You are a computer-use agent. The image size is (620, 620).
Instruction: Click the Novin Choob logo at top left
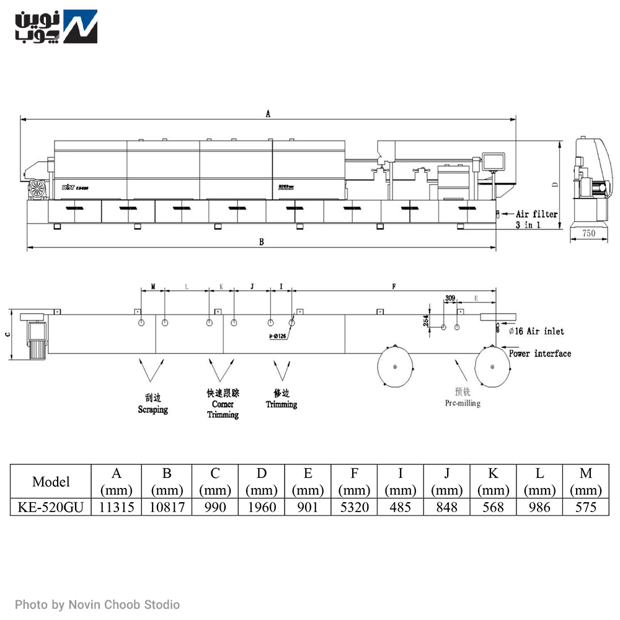click(56, 27)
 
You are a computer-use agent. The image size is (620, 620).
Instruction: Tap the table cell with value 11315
click(117, 507)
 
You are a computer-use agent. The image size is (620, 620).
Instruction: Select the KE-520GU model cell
click(51, 507)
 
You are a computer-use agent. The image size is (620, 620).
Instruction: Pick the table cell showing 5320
click(354, 507)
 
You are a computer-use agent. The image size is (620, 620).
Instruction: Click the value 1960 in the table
click(262, 507)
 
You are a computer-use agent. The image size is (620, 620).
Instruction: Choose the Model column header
click(51, 481)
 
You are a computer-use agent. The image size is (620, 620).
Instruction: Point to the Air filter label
click(537, 214)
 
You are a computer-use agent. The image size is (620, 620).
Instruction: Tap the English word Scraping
click(153, 410)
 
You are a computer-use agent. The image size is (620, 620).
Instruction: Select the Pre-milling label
click(463, 403)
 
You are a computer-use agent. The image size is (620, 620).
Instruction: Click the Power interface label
click(540, 353)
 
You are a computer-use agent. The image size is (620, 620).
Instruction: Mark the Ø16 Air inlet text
click(536, 331)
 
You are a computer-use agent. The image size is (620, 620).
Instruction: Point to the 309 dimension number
click(450, 298)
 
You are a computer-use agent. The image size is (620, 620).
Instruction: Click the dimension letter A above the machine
click(268, 113)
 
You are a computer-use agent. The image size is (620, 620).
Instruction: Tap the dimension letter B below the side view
click(262, 242)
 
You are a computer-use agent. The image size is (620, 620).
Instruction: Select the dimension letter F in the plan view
click(394, 286)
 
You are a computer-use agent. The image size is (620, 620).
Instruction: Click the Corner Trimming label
click(223, 409)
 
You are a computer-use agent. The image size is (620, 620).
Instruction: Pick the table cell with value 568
click(493, 507)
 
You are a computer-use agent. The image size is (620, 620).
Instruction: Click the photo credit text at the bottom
click(97, 604)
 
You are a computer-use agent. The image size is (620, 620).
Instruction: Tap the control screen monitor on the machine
click(495, 161)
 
